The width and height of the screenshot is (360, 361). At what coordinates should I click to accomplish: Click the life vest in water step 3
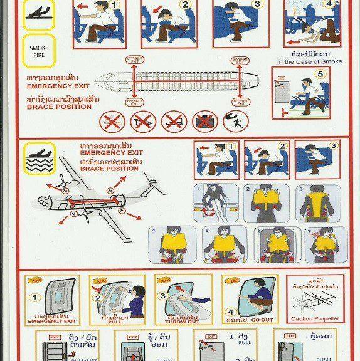(315, 204)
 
